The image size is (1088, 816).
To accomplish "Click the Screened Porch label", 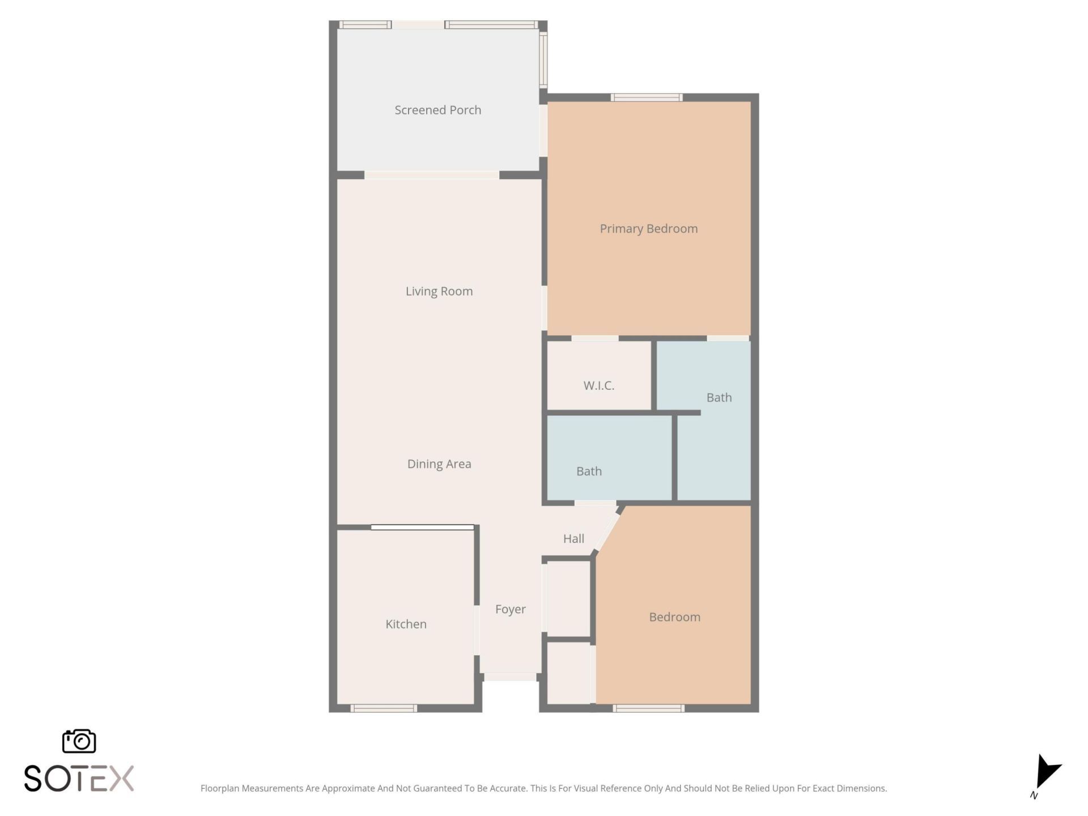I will (437, 110).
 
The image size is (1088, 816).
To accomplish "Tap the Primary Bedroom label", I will (648, 229).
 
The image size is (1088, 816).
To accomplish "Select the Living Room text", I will (439, 291).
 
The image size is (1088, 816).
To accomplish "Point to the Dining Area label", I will (439, 464).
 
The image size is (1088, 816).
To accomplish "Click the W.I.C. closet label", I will (598, 386).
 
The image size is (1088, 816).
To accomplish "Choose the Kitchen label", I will (406, 624).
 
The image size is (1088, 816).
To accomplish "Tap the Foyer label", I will (510, 609).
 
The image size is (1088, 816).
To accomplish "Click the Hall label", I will (573, 539).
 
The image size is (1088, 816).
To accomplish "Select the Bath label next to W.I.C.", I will (719, 398).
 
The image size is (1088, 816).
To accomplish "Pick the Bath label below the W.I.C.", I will (589, 471).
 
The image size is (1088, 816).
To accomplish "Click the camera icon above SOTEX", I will (79, 741).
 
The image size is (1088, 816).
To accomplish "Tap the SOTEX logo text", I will (79, 779).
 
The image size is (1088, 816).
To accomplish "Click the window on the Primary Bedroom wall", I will (646, 97).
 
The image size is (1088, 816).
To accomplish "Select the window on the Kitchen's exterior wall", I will (384, 708).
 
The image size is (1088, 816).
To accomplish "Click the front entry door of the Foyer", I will (510, 677).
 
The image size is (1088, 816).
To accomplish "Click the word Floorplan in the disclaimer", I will (220, 788).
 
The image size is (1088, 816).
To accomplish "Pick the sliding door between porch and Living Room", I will (431, 175).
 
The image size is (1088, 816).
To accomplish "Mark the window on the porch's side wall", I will (543, 58).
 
